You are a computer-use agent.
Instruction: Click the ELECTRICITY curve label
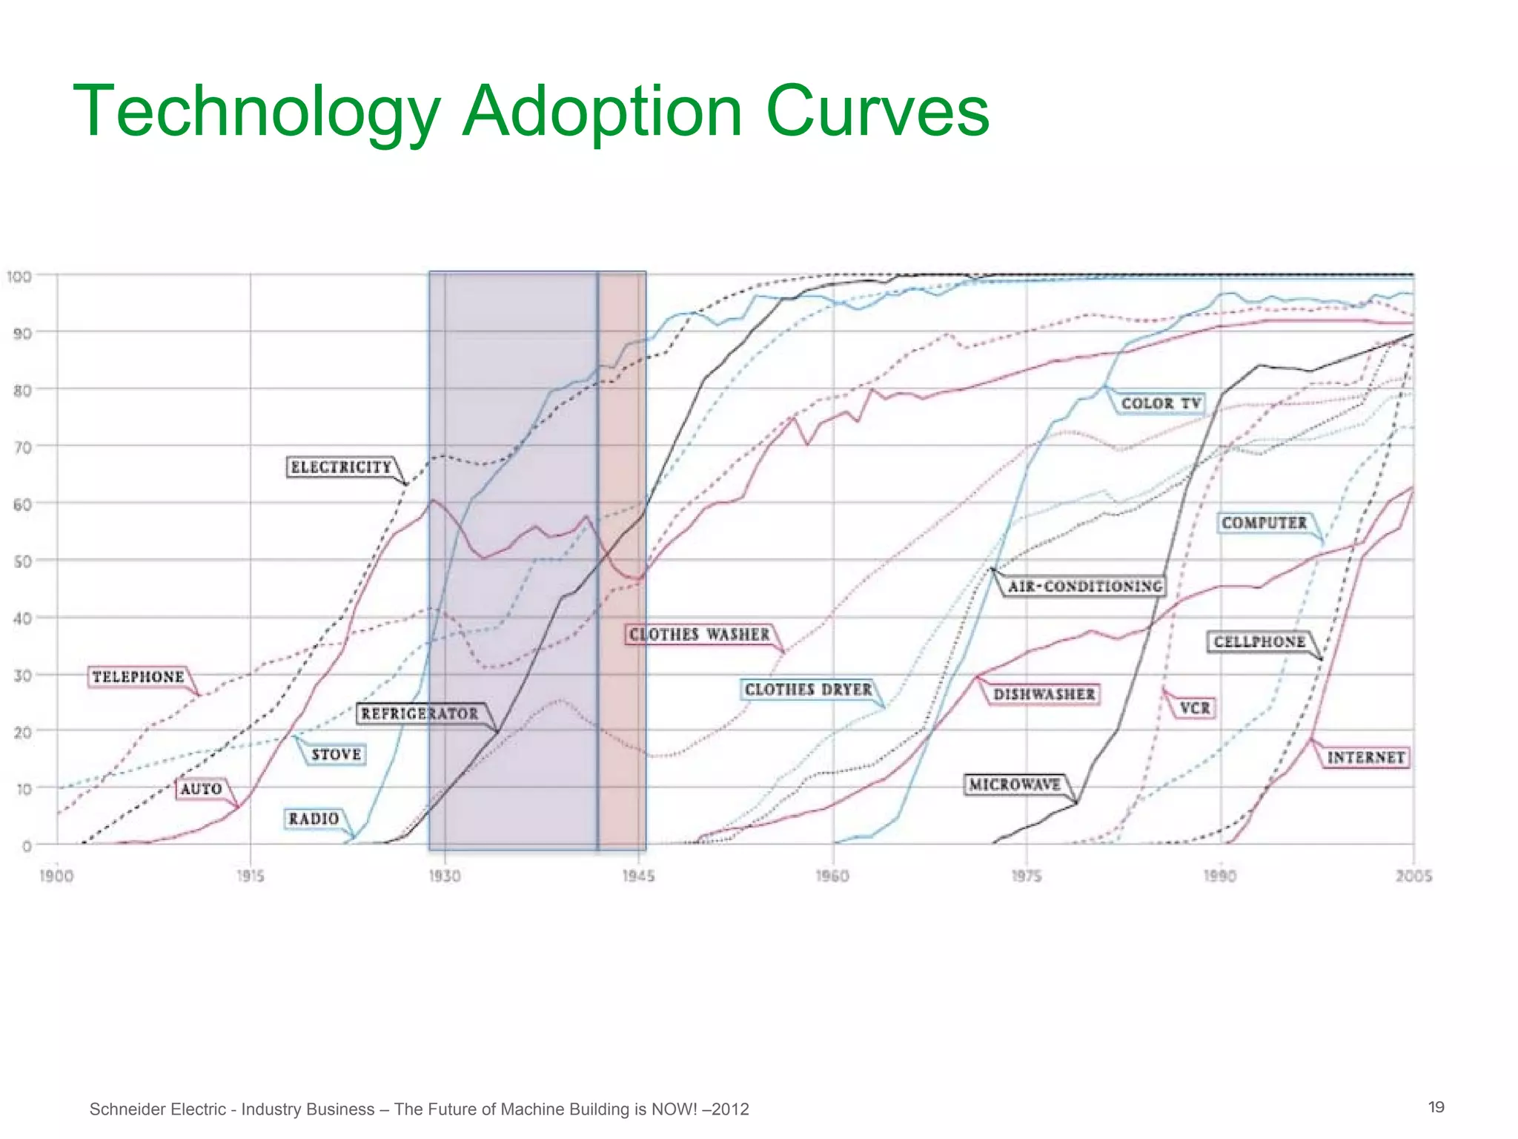tap(341, 467)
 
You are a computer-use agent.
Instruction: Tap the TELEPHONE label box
tap(138, 677)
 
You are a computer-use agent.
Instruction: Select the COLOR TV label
tap(1160, 403)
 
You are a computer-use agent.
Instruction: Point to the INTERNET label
tap(1365, 757)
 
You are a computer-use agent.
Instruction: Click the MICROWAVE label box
tap(1014, 785)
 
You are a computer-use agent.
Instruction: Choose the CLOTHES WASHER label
tap(699, 635)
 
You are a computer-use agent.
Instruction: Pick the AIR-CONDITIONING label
tap(1084, 587)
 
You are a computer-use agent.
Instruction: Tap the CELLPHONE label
tap(1259, 641)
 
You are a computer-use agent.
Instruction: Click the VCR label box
tap(1194, 708)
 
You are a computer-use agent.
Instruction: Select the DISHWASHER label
tap(1044, 695)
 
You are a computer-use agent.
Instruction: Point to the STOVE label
tap(336, 754)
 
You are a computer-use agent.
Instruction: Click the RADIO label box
tap(314, 819)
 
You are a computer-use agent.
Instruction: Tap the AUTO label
tap(201, 789)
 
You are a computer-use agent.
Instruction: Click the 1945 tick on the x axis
tap(638, 876)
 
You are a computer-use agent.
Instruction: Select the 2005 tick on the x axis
tap(1413, 876)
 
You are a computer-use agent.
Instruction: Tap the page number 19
tap(1436, 1107)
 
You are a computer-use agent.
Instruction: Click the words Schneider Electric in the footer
tap(157, 1109)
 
